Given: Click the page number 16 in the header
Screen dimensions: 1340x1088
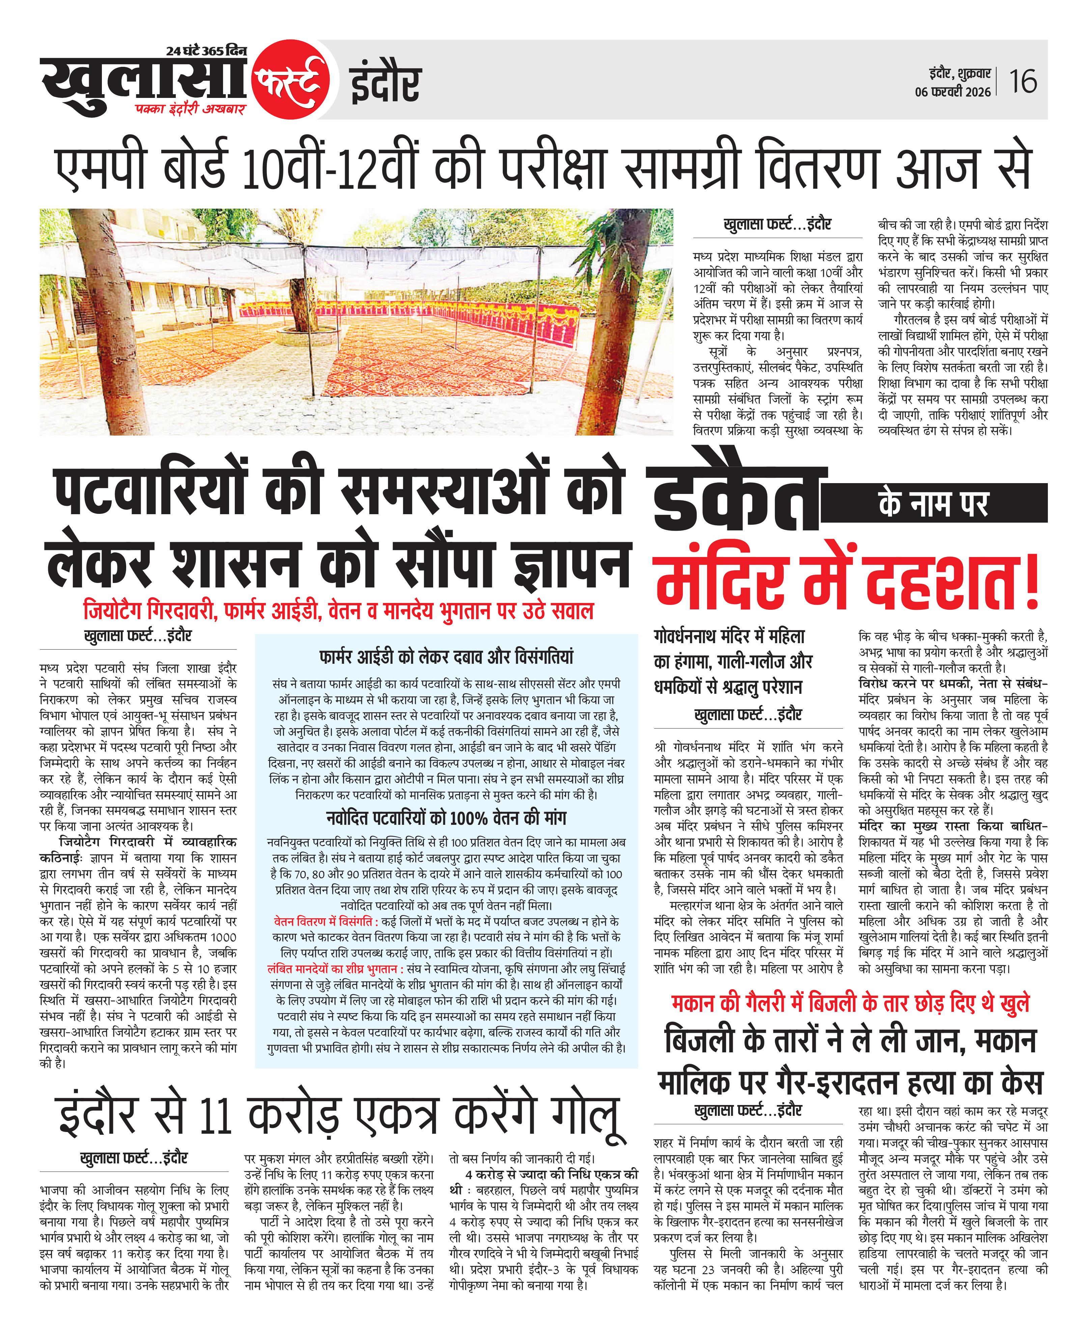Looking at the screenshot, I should [1023, 81].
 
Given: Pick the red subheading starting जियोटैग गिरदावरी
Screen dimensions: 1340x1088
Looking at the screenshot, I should [338, 610].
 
